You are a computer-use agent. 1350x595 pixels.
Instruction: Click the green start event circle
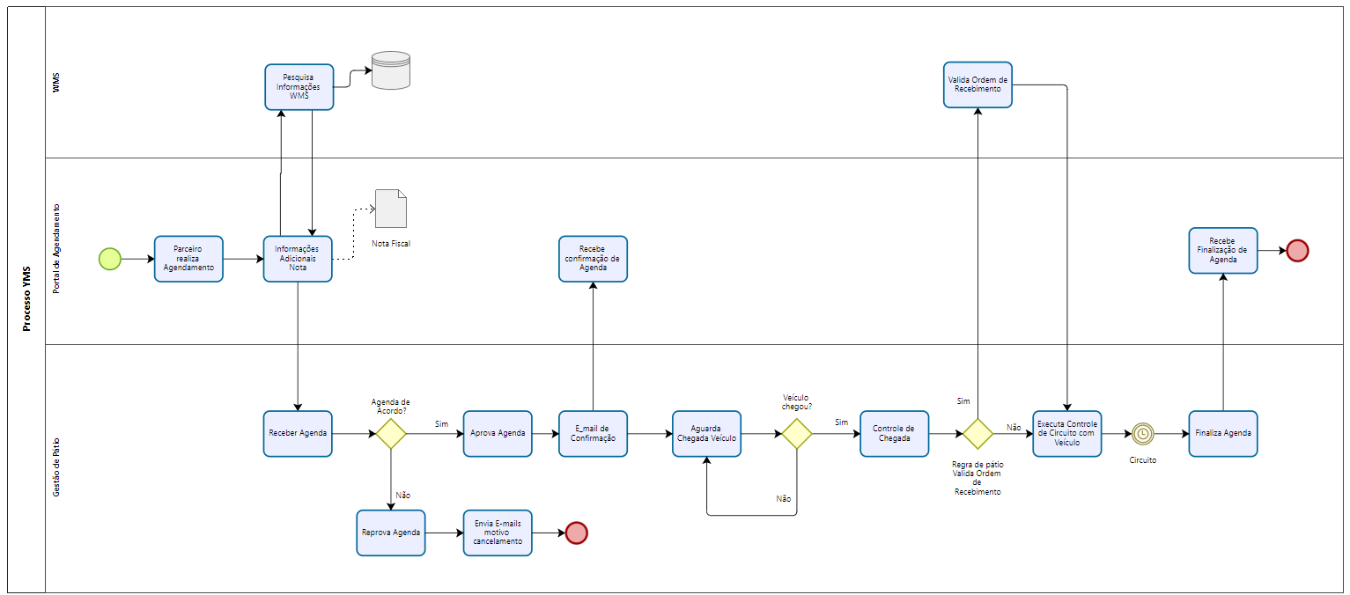(x=110, y=259)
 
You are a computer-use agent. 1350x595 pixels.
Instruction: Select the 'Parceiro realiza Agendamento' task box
(x=188, y=259)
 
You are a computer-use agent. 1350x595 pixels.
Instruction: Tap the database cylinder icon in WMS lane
(x=391, y=70)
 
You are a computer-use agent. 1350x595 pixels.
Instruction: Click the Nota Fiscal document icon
(x=390, y=209)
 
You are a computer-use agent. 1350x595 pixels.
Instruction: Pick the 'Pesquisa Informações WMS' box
(x=299, y=87)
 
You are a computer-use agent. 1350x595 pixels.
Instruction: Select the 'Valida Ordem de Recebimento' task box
(x=977, y=84)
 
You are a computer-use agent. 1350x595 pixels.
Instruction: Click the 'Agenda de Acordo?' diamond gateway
(x=390, y=434)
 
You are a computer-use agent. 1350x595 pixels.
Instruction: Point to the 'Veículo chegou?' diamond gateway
(x=796, y=434)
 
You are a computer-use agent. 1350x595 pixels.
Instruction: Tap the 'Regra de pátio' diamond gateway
(x=977, y=434)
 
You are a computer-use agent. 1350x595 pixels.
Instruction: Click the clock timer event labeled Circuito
(x=1143, y=434)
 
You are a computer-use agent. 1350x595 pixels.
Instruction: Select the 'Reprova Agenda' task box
(x=391, y=533)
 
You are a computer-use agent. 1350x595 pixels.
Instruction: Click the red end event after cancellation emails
(x=576, y=533)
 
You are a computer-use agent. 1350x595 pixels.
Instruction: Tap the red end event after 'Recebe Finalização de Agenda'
(x=1297, y=251)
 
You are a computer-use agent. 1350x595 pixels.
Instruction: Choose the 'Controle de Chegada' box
(x=895, y=434)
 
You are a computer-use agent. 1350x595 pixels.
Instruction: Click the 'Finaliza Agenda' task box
(x=1223, y=434)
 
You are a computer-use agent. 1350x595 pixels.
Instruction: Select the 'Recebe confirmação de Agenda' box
(x=593, y=259)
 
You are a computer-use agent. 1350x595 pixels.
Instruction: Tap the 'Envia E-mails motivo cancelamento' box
(x=498, y=533)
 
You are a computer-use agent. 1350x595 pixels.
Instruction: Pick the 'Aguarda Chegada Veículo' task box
(x=706, y=434)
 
